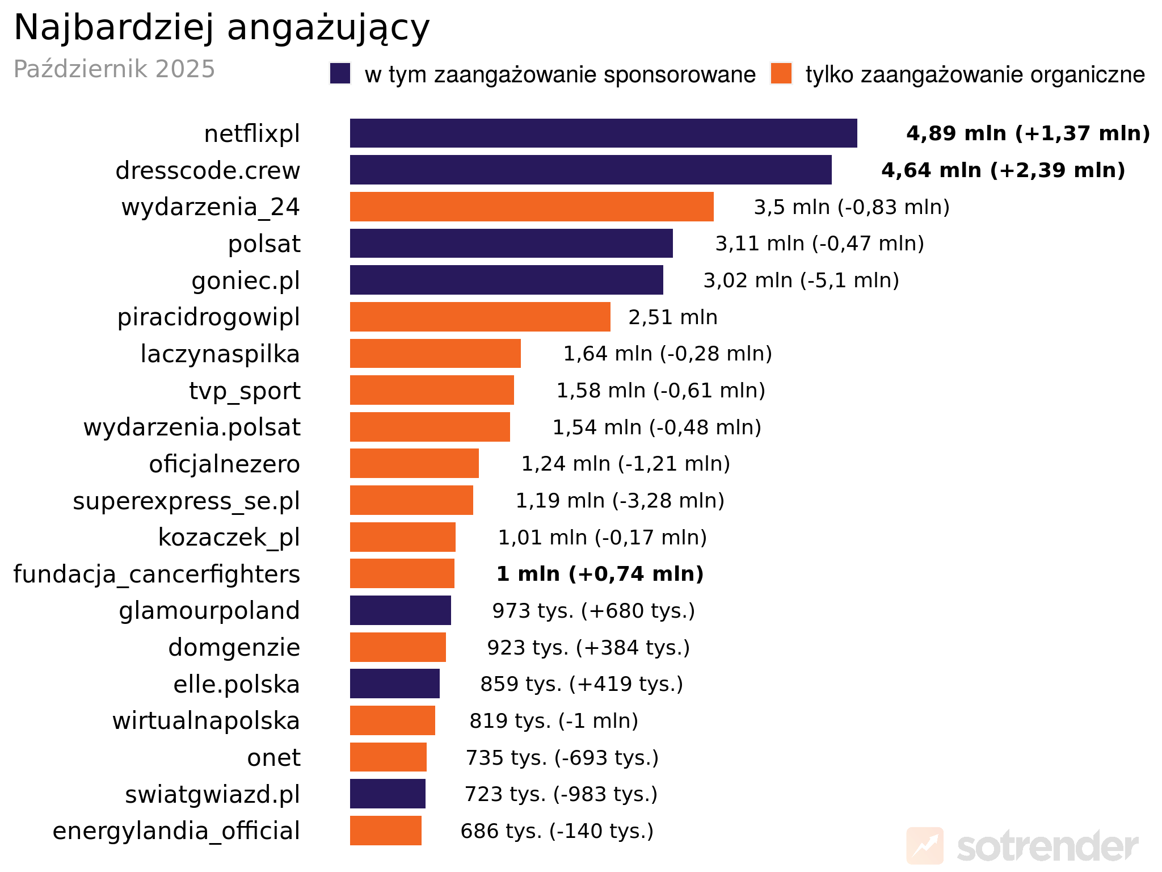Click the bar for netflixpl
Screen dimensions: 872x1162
[603, 133]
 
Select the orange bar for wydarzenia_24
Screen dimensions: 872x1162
[532, 207]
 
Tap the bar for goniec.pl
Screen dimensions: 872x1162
[506, 280]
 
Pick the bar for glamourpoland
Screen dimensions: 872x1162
[400, 610]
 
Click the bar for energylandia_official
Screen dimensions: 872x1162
[385, 831]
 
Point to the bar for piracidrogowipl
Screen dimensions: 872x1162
[480, 317]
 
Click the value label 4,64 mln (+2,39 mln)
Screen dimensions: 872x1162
[1003, 170]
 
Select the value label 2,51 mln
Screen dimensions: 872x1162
[672, 317]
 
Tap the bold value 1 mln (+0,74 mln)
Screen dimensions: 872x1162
[600, 574]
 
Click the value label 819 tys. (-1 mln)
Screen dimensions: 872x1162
[554, 721]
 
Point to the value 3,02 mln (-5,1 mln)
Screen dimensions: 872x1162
[801, 280]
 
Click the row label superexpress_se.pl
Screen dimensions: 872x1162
[186, 501]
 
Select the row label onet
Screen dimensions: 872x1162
[273, 758]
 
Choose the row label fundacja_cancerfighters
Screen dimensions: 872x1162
[157, 575]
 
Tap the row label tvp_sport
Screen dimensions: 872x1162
[245, 391]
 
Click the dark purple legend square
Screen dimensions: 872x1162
[340, 74]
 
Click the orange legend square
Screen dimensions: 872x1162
[781, 74]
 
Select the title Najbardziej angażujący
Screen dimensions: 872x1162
[221, 27]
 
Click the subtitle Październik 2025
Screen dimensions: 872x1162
[114, 69]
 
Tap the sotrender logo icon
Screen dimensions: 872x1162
[924, 846]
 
